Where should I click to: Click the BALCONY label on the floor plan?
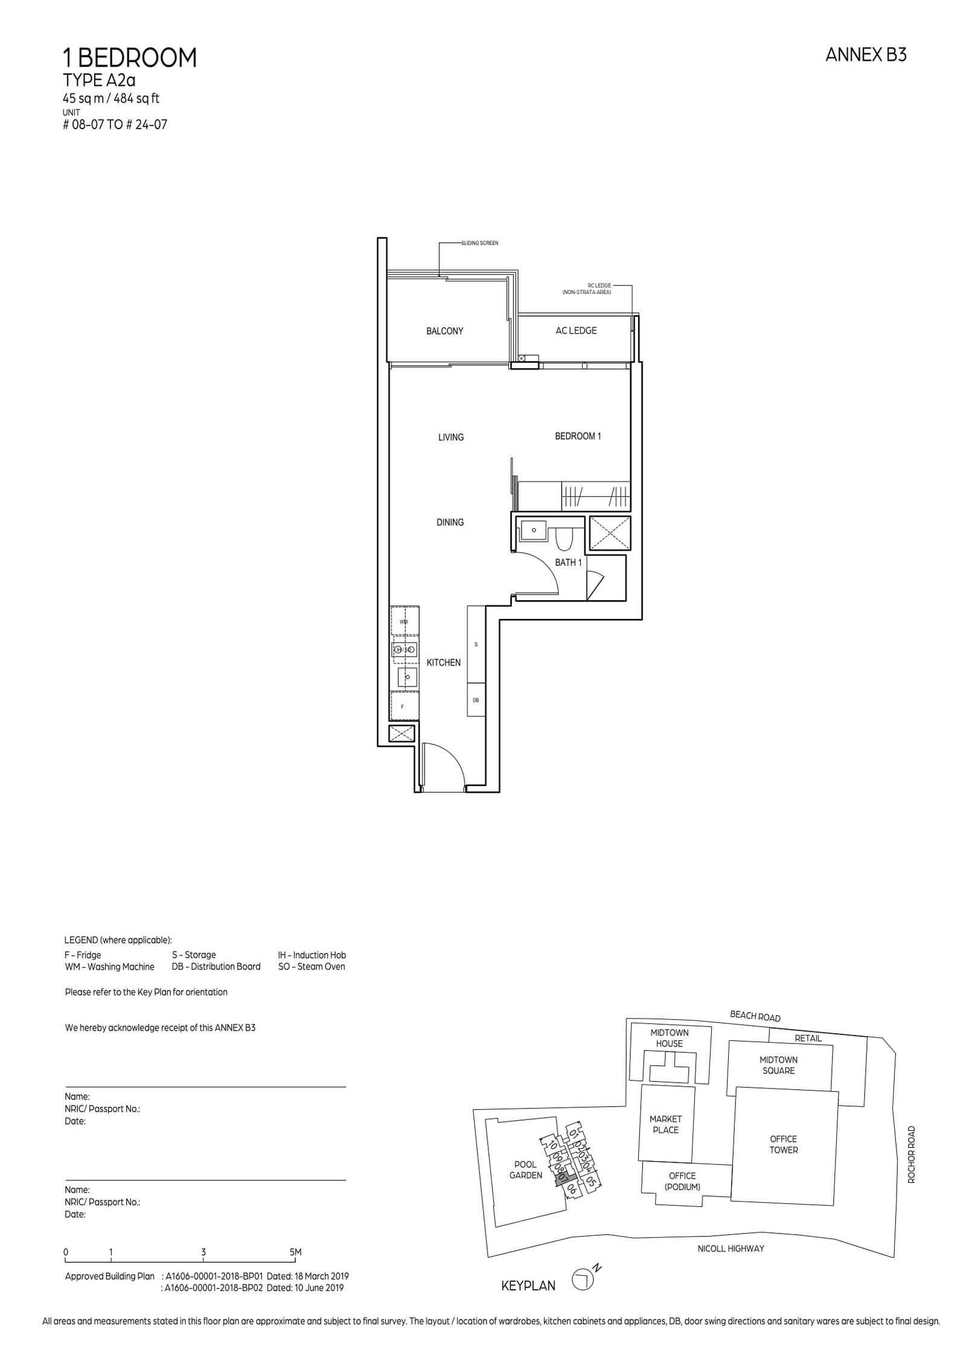pyautogui.click(x=444, y=331)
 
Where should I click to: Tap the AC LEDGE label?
pyautogui.click(x=575, y=330)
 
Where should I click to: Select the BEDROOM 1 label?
pyautogui.click(x=578, y=436)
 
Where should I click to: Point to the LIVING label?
pyautogui.click(x=451, y=437)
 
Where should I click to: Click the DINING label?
pyautogui.click(x=450, y=522)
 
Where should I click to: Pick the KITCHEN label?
pyautogui.click(x=443, y=662)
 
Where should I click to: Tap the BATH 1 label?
pyautogui.click(x=568, y=562)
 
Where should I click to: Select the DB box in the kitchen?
pyautogui.click(x=476, y=700)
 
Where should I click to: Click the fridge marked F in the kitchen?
pyautogui.click(x=403, y=706)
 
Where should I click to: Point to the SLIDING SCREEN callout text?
pyautogui.click(x=479, y=243)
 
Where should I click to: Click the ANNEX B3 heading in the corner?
pyautogui.click(x=866, y=56)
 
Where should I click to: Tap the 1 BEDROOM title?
pyautogui.click(x=130, y=58)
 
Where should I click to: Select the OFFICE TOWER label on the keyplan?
pyautogui.click(x=783, y=1144)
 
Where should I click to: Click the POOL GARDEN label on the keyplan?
pyautogui.click(x=525, y=1170)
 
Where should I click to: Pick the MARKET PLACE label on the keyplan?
pyautogui.click(x=665, y=1124)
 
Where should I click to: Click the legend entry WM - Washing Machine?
pyautogui.click(x=109, y=967)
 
